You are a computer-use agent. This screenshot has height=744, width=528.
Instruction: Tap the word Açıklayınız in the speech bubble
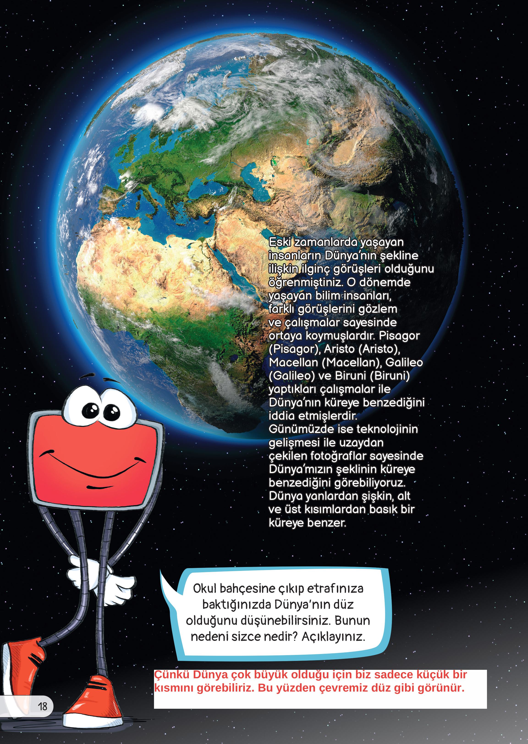(333, 636)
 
